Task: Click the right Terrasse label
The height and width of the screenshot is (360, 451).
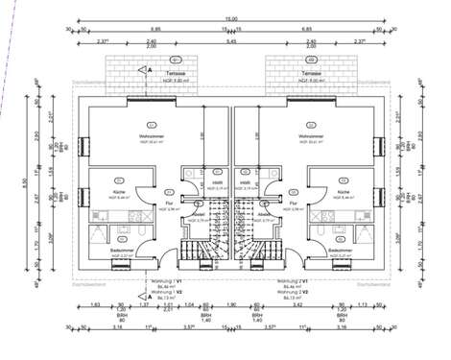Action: [309, 72]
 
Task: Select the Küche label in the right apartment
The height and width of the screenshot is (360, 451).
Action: [344, 192]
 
